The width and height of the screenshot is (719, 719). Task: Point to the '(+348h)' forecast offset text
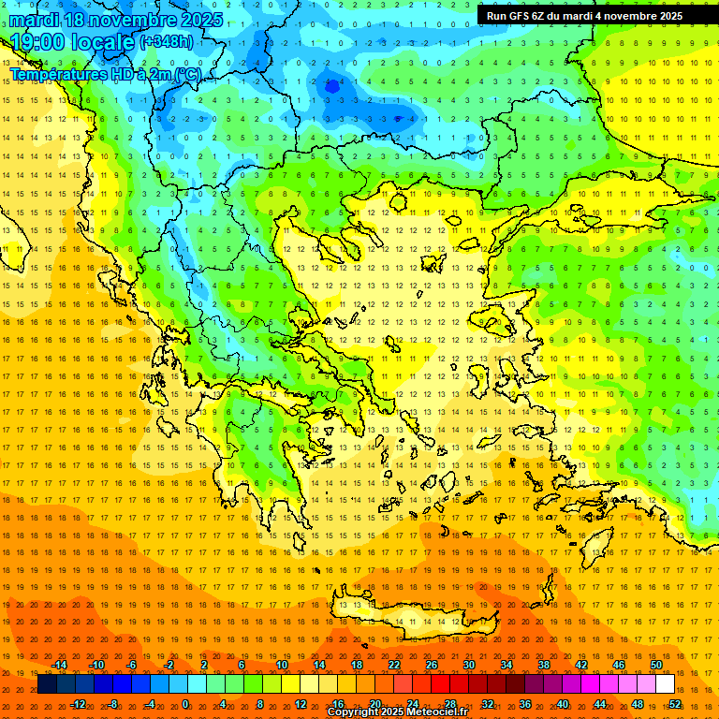tap(167, 41)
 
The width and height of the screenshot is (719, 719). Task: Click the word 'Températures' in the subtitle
tap(56, 73)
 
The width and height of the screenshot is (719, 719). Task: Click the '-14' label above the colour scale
tap(59, 665)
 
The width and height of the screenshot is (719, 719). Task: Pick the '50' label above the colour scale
tap(656, 665)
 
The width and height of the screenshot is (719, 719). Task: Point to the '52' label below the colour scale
tap(675, 704)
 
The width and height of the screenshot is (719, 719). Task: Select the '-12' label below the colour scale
tap(78, 704)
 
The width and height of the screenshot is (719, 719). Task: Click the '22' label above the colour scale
tap(394, 665)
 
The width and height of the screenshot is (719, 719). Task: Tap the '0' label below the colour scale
tap(185, 704)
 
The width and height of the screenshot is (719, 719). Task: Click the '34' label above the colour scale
tap(506, 665)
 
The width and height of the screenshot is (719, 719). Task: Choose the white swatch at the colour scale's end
tap(665, 684)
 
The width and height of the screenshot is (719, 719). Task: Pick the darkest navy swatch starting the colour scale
tap(47, 684)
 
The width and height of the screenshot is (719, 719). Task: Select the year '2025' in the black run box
tap(665, 16)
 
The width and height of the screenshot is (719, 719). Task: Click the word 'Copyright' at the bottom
tap(350, 712)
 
